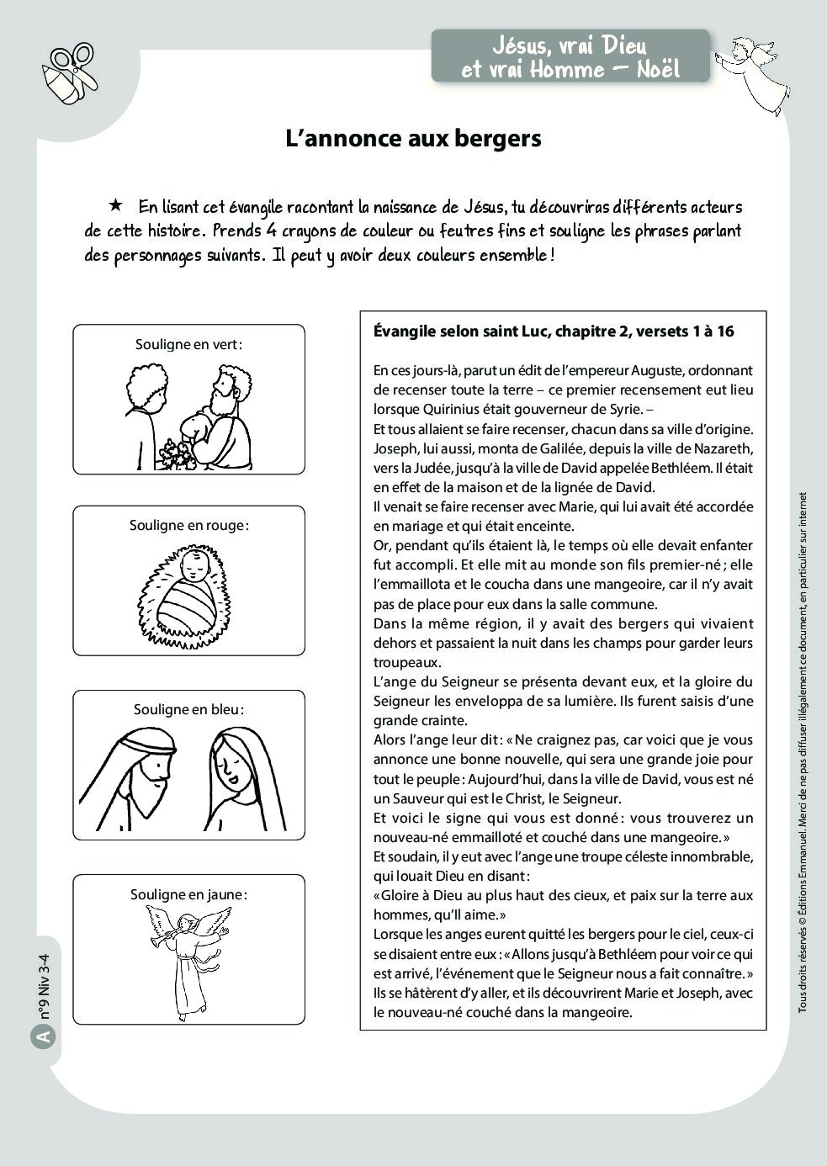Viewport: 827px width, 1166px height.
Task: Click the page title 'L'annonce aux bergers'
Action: point(413,139)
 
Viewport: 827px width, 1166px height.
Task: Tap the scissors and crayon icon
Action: point(71,73)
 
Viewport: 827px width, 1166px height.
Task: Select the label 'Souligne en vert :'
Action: point(188,344)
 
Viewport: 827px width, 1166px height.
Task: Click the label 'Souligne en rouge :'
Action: point(188,525)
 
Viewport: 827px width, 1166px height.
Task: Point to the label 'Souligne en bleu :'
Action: point(188,709)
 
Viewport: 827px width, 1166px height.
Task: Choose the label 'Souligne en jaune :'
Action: point(188,894)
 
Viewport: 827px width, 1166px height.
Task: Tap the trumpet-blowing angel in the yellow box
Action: point(190,959)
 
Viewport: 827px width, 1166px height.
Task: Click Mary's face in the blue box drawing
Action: point(229,761)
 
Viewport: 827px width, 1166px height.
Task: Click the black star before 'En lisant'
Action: point(115,205)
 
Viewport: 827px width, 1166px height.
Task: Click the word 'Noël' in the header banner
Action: point(655,69)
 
